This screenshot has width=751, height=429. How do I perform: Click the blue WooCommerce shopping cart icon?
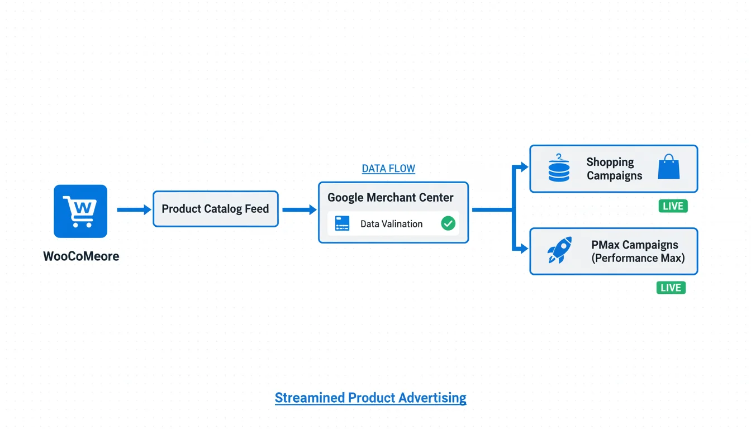[x=80, y=211]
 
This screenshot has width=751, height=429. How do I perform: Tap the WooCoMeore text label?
[x=81, y=256]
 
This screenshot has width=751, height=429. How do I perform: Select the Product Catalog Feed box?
[x=215, y=209]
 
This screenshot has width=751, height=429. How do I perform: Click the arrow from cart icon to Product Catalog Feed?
[x=134, y=210]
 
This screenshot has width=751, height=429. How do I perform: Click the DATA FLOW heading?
[x=388, y=169]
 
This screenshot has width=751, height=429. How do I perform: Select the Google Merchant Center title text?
[x=391, y=198]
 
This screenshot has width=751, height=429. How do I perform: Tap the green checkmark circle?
[x=448, y=224]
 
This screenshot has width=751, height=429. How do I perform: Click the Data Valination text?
[x=391, y=224]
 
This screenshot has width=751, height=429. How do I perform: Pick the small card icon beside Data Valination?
[x=342, y=224]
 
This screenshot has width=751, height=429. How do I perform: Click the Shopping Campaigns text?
[x=614, y=169]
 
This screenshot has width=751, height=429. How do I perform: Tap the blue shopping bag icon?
[x=669, y=168]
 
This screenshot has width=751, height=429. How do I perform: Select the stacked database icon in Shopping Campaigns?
[x=559, y=168]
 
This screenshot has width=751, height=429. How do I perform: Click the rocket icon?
[x=560, y=250]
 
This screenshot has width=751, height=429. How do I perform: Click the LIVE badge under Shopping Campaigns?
[x=673, y=206]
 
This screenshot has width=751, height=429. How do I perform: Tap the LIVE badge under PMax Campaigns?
[x=671, y=288]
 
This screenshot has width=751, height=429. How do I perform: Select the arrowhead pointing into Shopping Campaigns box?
[x=523, y=166]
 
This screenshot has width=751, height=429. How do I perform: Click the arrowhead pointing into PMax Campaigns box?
[x=523, y=249]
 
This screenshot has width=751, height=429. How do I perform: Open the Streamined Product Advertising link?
[x=370, y=398]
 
